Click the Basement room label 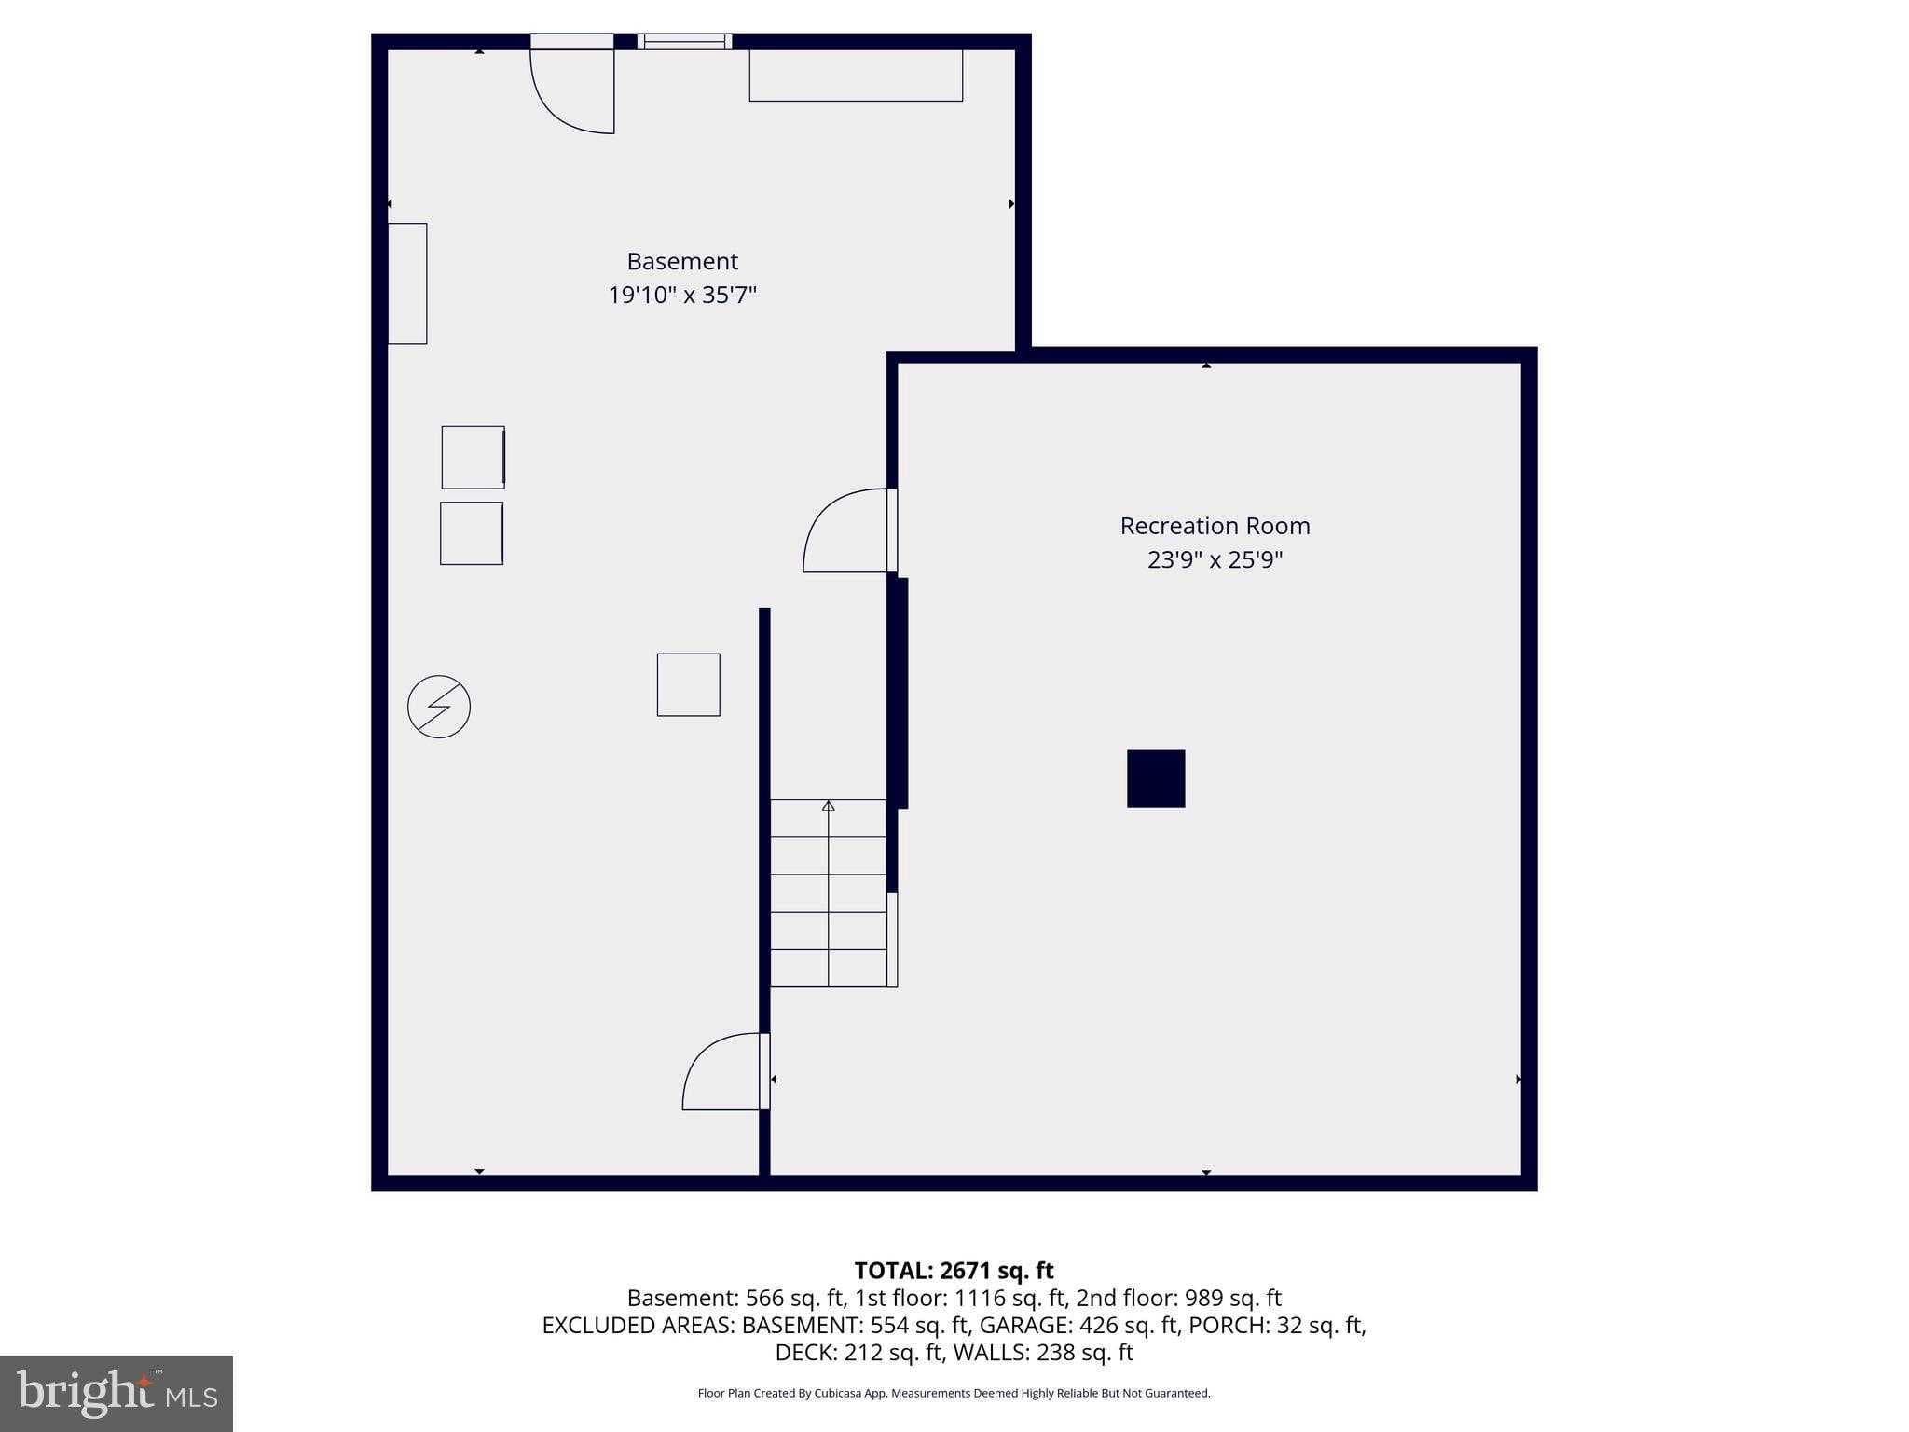click(x=681, y=261)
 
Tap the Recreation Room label click(x=1214, y=526)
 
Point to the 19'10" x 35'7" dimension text click(x=681, y=296)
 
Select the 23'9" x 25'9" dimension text click(x=1214, y=560)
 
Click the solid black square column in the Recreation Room click(x=1155, y=778)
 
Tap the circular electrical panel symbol click(x=439, y=707)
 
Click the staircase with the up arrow click(x=828, y=892)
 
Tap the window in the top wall click(x=684, y=41)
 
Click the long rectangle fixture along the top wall click(x=855, y=75)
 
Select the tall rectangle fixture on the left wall click(x=407, y=283)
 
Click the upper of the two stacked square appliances click(x=473, y=457)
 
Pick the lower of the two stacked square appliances click(x=472, y=533)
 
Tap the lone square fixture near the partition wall click(x=688, y=684)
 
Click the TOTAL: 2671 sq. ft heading click(x=954, y=1271)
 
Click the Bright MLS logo click(x=117, y=1393)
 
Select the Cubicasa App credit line click(x=954, y=1393)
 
